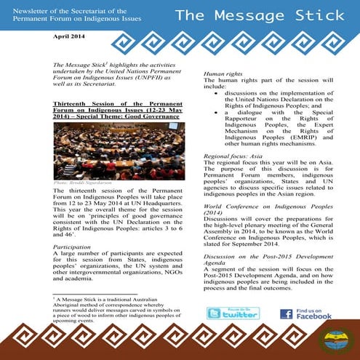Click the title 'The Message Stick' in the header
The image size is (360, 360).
point(259,15)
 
